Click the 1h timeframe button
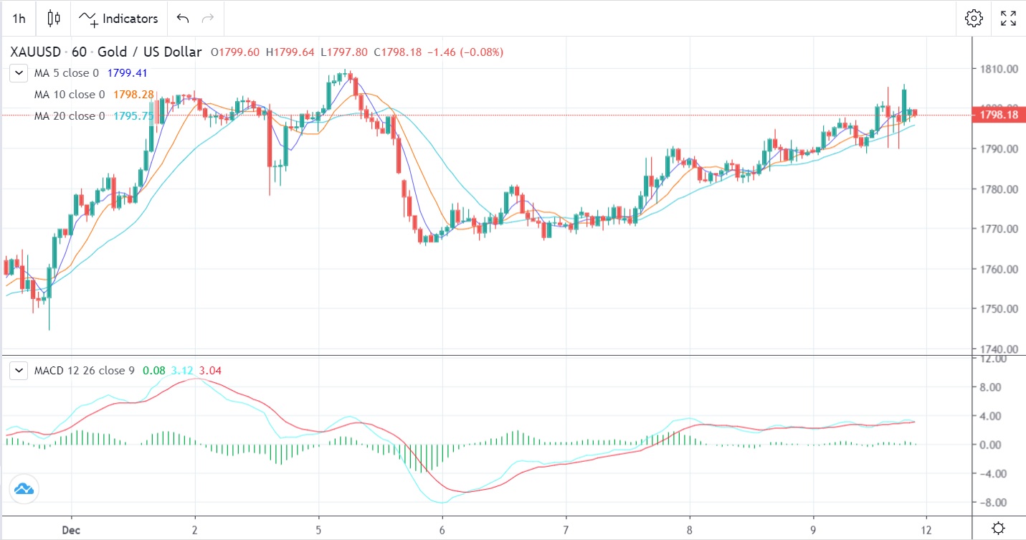coord(19,19)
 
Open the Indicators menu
coord(119,19)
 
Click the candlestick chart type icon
coord(53,19)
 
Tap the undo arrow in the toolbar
coord(183,19)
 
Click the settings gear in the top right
coord(974,19)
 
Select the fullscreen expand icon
coord(1008,19)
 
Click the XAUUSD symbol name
coord(34,52)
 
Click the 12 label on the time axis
coord(926,529)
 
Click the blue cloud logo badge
coord(23,489)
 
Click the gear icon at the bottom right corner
coord(997,529)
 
